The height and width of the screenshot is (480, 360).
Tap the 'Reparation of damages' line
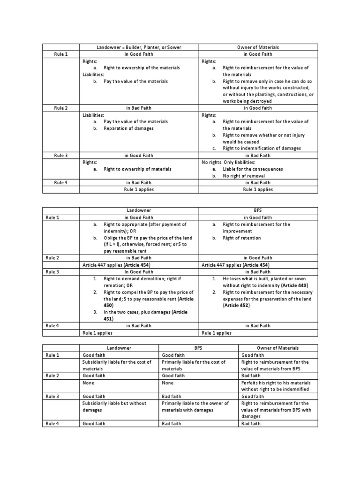pos(128,128)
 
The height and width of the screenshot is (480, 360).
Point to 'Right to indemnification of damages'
pos(262,149)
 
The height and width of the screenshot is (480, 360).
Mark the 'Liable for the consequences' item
pos(253,169)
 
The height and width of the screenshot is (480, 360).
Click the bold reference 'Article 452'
pos(236,306)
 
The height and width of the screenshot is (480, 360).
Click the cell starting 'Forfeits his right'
pos(275,386)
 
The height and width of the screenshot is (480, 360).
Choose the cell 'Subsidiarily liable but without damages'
pos(114,406)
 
